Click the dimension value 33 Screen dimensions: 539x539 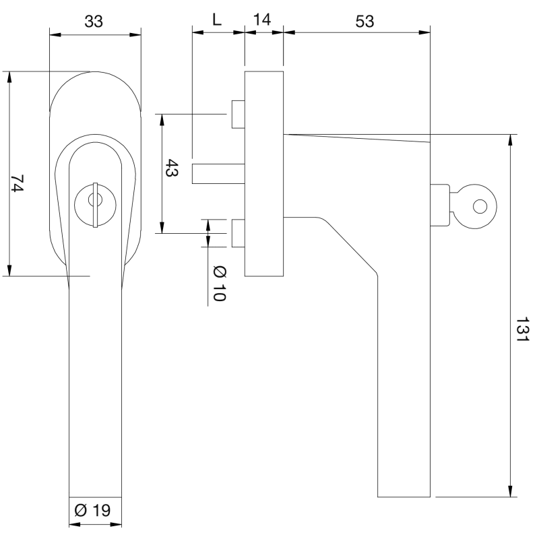tap(94, 21)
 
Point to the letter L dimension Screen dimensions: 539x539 tap(216, 20)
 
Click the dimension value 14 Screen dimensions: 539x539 tap(263, 20)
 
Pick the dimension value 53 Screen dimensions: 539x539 tap(364, 21)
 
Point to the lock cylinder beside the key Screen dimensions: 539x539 tap(439, 204)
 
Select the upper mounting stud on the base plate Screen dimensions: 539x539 tap(237, 114)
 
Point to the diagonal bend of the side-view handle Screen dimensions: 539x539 tap(350, 246)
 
